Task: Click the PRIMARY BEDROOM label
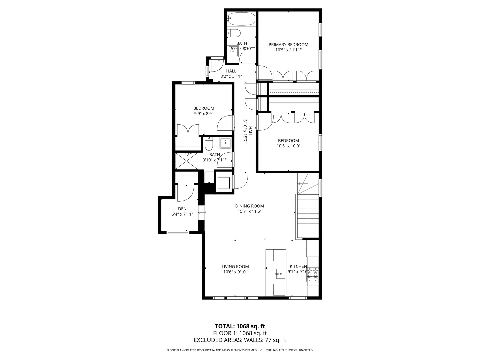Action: pyautogui.click(x=288, y=45)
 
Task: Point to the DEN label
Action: pyautogui.click(x=182, y=209)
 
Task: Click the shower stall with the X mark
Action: pyautogui.click(x=187, y=160)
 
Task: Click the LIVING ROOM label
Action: pyautogui.click(x=235, y=267)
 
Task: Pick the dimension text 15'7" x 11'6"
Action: pyautogui.click(x=249, y=211)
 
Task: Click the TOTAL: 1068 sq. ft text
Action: pyautogui.click(x=240, y=326)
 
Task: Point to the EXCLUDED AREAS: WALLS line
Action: pyautogui.click(x=240, y=340)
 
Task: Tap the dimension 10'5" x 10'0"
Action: pyautogui.click(x=288, y=146)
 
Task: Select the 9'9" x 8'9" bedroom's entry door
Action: pyautogui.click(x=225, y=123)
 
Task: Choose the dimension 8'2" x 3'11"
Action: pyautogui.click(x=231, y=76)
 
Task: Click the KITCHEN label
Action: pyautogui.click(x=298, y=266)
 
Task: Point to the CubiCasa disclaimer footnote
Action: pyautogui.click(x=240, y=350)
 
